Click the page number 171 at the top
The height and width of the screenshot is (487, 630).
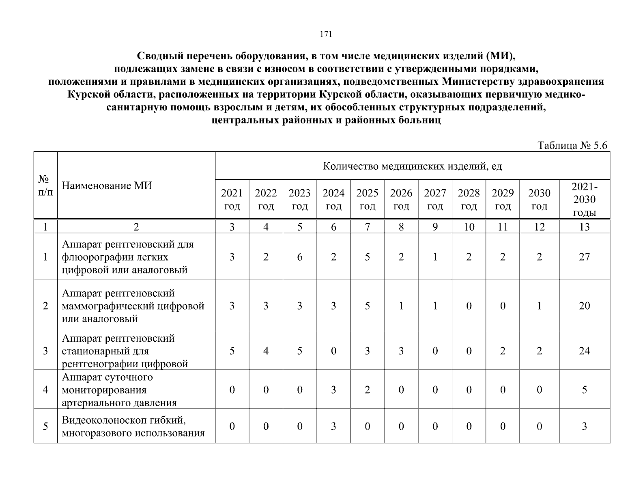coord(326,34)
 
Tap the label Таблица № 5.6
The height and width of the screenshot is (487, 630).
coord(572,146)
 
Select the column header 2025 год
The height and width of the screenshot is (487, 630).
coord(367,199)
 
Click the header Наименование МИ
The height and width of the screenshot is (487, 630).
coord(107,186)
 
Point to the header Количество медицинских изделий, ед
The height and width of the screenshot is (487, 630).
coord(412,166)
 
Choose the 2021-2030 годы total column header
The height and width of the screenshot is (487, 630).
coord(584,199)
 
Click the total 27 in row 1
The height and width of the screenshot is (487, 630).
coord(584,257)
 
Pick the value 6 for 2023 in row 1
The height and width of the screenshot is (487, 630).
coord(299,257)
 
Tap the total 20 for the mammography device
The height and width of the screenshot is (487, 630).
coord(584,306)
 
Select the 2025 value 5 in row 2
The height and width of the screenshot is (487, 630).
coord(367,306)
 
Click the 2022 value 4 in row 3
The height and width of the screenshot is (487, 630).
coord(266,351)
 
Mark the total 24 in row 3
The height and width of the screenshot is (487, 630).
coord(584,351)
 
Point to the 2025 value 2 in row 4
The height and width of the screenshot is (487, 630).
coord(367,390)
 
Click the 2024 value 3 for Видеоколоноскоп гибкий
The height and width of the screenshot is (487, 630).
coord(333,427)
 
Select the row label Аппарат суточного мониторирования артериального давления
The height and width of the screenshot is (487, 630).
coord(119,390)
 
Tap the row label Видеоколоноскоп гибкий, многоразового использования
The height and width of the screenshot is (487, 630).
coord(133,427)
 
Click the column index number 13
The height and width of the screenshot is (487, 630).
coord(584,227)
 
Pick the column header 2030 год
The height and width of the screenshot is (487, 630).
coord(539,199)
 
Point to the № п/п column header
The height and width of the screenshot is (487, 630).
coord(45,185)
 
